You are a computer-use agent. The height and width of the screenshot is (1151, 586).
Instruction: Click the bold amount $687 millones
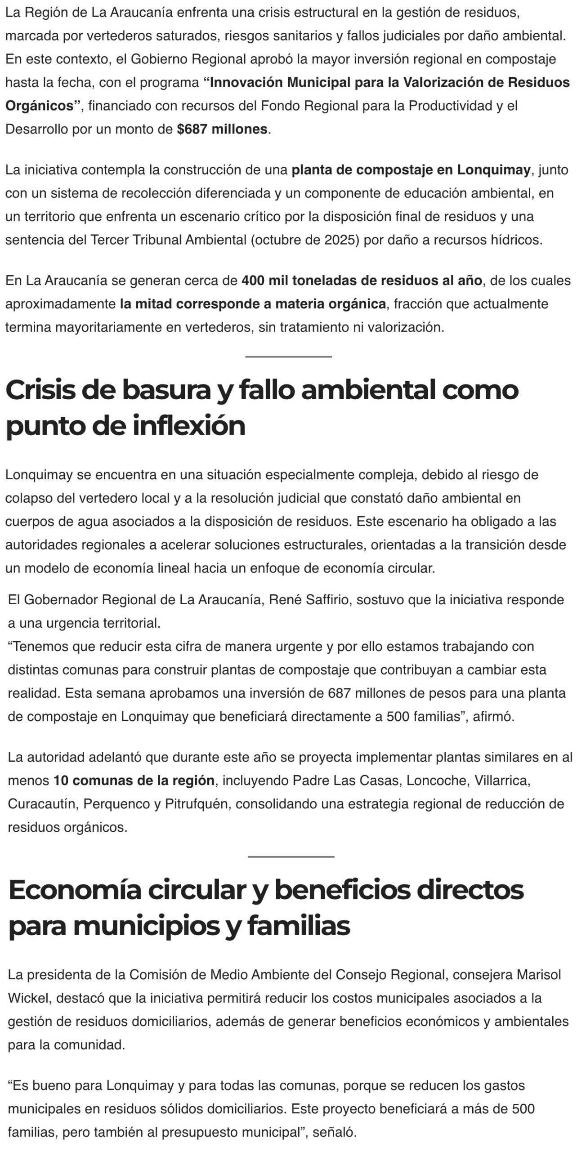click(x=222, y=129)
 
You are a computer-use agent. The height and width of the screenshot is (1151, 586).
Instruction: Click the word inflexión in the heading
click(x=188, y=426)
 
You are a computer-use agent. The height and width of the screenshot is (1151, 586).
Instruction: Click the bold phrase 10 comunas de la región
click(x=134, y=781)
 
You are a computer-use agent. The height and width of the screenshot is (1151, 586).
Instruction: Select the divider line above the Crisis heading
click(x=288, y=357)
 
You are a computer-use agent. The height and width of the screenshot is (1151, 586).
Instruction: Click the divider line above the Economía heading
click(x=291, y=857)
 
